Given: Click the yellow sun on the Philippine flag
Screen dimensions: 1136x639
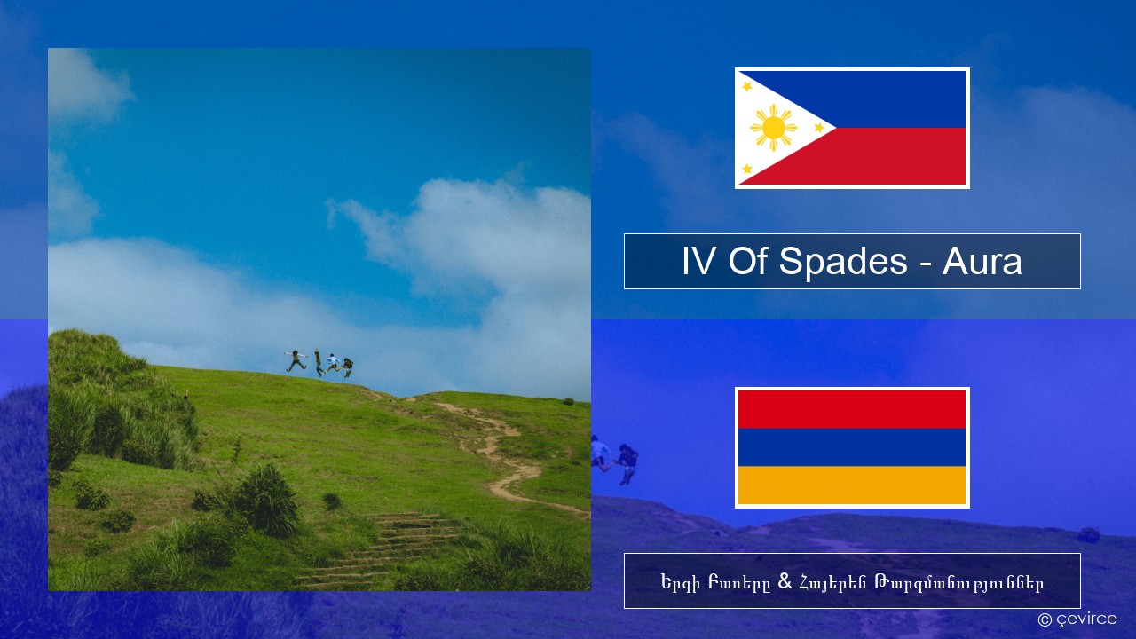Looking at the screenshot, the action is [773, 128].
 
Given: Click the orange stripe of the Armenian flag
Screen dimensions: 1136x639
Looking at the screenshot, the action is [852, 485].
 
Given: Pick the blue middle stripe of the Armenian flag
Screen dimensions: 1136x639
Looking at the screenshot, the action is [852, 447].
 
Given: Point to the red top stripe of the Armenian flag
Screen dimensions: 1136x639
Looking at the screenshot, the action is [852, 409].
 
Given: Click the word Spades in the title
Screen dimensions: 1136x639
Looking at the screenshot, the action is [843, 262].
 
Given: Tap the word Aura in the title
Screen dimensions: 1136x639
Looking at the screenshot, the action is [982, 262].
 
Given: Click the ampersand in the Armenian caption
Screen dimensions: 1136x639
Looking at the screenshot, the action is [785, 581].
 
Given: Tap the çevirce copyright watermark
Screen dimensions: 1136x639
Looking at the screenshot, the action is [1077, 619].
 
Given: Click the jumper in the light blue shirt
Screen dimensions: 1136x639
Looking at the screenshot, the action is [333, 363].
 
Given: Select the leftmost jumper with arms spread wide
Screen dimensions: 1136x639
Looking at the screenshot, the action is [296, 360].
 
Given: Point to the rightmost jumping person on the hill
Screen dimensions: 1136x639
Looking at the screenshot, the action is [347, 367].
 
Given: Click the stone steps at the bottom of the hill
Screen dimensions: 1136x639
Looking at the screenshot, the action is [385, 550].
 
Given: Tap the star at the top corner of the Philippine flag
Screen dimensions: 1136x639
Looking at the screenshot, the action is [747, 86].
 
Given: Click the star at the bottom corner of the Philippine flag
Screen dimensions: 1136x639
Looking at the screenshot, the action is [747, 169].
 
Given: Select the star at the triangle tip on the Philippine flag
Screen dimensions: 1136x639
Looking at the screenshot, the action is [819, 127].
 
